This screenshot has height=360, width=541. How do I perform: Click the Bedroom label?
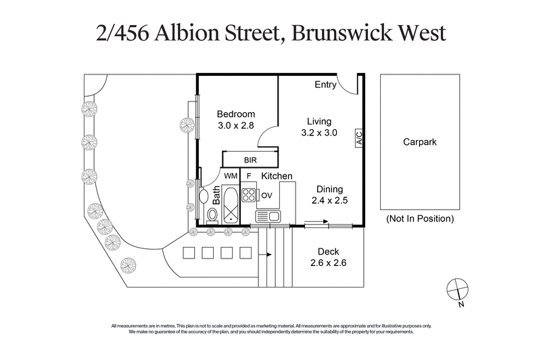(x=236, y=114)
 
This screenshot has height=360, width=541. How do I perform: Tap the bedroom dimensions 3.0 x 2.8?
(x=236, y=126)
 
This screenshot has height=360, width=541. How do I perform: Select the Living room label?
(x=319, y=121)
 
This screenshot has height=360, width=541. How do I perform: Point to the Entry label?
(x=326, y=85)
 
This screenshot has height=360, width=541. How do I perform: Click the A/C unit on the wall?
(x=359, y=139)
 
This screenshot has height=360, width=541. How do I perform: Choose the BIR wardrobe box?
(x=251, y=160)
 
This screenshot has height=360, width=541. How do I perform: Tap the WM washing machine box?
(x=231, y=177)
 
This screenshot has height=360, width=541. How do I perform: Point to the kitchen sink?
(x=268, y=217)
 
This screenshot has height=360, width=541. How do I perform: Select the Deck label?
(x=328, y=252)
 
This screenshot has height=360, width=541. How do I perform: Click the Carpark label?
(x=419, y=143)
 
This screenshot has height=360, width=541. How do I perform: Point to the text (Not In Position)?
(x=419, y=219)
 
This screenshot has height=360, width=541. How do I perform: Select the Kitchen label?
(x=277, y=177)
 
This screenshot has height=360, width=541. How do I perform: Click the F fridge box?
(x=249, y=177)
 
